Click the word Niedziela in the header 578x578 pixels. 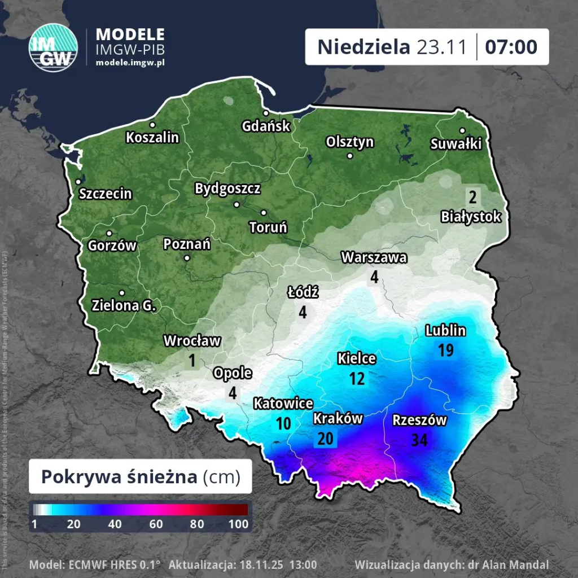364,47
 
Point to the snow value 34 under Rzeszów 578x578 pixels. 419,440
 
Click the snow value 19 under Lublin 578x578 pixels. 445,351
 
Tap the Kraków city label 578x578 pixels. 338,418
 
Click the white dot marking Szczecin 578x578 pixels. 78,182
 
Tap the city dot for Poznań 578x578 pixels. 187,259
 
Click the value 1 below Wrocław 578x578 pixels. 192,360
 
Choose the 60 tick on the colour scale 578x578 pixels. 156,524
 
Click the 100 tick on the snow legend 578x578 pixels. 238,524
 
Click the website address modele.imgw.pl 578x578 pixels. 130,62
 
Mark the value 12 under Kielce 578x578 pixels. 356,378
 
